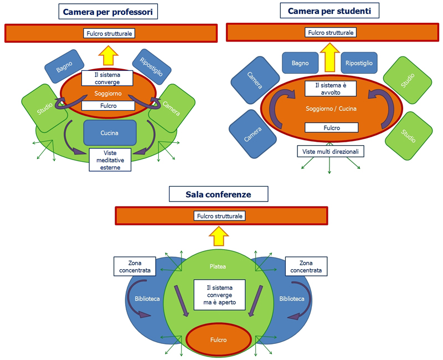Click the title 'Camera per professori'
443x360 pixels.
(107, 12)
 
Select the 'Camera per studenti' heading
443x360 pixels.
(329, 10)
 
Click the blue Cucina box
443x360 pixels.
(110, 133)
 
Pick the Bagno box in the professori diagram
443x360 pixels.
(64, 69)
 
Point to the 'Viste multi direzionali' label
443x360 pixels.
(331, 151)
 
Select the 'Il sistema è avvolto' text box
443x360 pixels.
(331, 89)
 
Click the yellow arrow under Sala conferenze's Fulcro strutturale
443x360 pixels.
(219, 235)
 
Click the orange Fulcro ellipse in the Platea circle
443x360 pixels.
(219, 338)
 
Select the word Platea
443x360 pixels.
(218, 266)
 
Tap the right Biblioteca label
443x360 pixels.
(291, 299)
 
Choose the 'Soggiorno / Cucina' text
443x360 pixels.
(330, 109)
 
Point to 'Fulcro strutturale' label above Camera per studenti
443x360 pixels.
(330, 33)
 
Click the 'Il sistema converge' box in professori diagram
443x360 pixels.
(107, 78)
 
